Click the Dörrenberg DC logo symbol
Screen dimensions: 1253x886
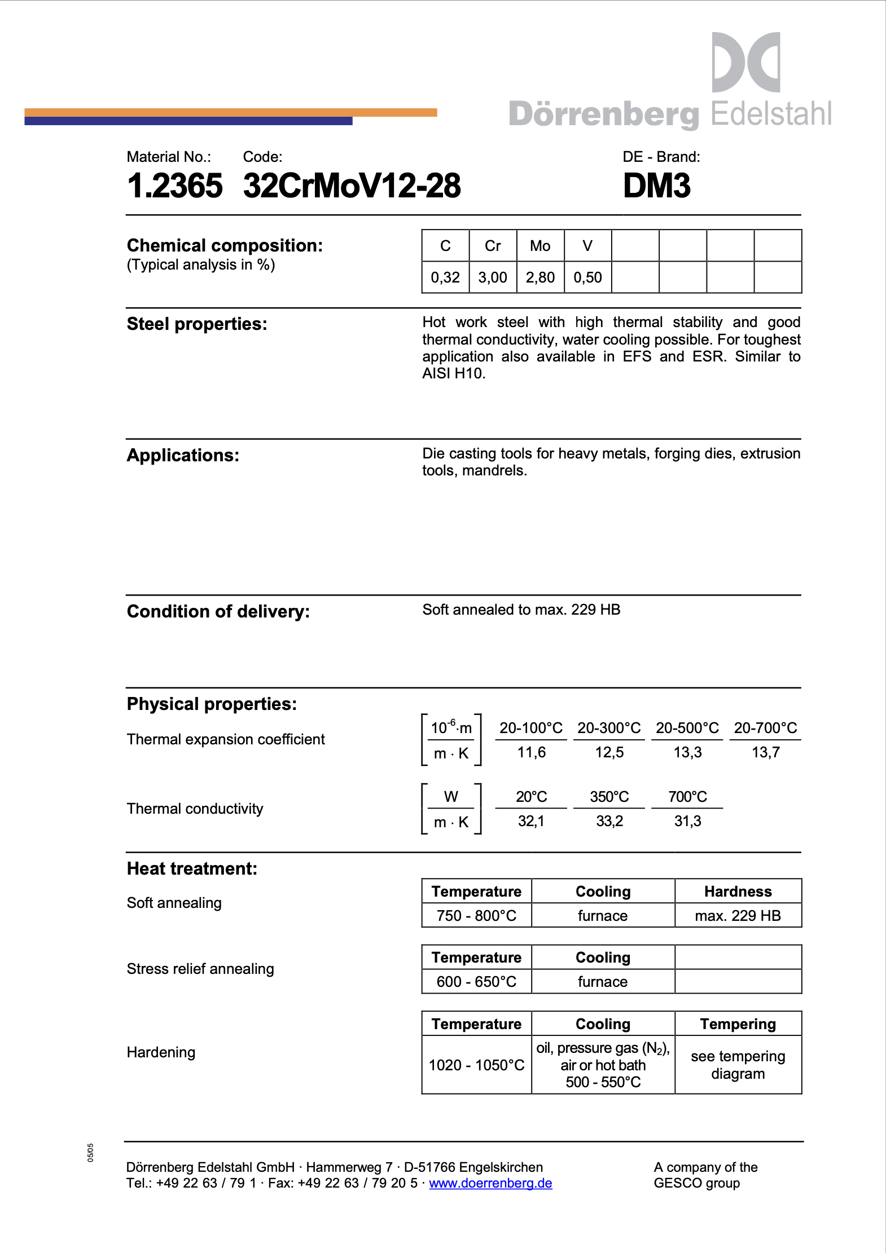coord(745,62)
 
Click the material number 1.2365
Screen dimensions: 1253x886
coord(174,186)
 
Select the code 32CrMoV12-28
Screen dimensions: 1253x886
coord(352,186)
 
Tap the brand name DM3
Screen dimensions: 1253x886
coord(656,186)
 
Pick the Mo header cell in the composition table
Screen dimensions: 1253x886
coord(540,246)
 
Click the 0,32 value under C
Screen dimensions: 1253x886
coord(445,277)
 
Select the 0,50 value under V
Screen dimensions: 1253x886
coord(587,277)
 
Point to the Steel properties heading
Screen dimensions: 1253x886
coord(197,324)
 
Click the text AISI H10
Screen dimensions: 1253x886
coord(454,374)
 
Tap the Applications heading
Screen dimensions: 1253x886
coord(183,456)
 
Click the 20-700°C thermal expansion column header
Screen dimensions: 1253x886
coord(765,728)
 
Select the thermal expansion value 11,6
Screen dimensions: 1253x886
coord(531,752)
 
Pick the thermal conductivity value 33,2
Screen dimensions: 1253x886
coord(609,821)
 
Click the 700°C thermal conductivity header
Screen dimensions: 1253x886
coord(687,797)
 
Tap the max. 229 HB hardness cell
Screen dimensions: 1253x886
coord(738,916)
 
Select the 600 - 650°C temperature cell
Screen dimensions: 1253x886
coord(476,982)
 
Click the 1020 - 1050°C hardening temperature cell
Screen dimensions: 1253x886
coord(476,1065)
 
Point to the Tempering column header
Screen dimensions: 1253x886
coord(738,1024)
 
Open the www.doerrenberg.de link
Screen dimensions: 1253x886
coord(490,1183)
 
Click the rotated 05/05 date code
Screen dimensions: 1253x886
coord(90,1153)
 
